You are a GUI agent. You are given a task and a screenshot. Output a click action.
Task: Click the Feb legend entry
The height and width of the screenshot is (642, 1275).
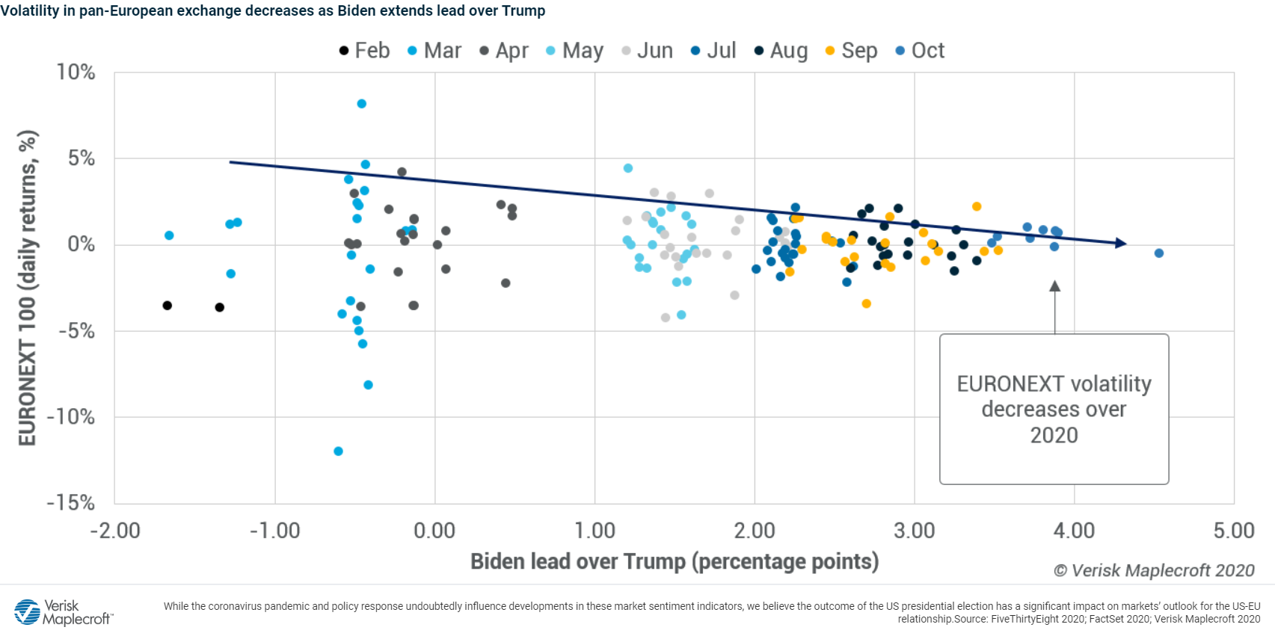pos(364,51)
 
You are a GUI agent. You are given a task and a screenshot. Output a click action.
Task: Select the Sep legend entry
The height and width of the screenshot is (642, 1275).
pos(851,51)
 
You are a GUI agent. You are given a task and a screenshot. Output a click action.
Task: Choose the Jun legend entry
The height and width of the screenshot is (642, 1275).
pos(647,51)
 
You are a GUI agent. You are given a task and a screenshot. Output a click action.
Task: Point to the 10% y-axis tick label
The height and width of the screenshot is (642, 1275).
pos(76,72)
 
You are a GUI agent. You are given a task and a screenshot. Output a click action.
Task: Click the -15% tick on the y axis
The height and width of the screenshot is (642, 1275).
pos(71,503)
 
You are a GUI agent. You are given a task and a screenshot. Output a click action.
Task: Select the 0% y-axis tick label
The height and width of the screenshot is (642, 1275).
pos(81,244)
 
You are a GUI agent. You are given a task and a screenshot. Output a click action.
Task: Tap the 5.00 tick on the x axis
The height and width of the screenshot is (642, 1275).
pos(1233,531)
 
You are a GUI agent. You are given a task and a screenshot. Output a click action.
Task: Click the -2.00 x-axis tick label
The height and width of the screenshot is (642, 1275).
pos(115,531)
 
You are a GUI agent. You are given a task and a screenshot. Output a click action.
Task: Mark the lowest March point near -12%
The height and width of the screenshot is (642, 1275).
pos(338,451)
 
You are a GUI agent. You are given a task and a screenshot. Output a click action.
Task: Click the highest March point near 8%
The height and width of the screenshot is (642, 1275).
pos(362,104)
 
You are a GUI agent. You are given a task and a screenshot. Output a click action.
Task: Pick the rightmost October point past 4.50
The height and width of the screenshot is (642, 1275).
pos(1159,253)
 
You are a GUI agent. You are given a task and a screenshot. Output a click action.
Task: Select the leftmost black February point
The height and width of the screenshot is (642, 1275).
pos(168,306)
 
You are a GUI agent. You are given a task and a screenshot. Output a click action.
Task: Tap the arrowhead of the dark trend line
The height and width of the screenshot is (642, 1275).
pos(1121,243)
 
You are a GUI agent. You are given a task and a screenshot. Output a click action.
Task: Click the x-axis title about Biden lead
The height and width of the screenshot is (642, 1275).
pos(674,561)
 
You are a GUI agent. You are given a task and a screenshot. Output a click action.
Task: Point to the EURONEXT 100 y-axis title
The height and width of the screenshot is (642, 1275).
pos(28,288)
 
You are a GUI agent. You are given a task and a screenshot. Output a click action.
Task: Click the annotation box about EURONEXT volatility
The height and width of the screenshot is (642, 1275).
pos(1054,409)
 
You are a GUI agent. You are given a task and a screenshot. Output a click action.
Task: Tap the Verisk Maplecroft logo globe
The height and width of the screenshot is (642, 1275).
pos(28,611)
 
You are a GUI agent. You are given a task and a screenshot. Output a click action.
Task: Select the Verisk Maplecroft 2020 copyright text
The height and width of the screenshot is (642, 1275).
pos(1154,571)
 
